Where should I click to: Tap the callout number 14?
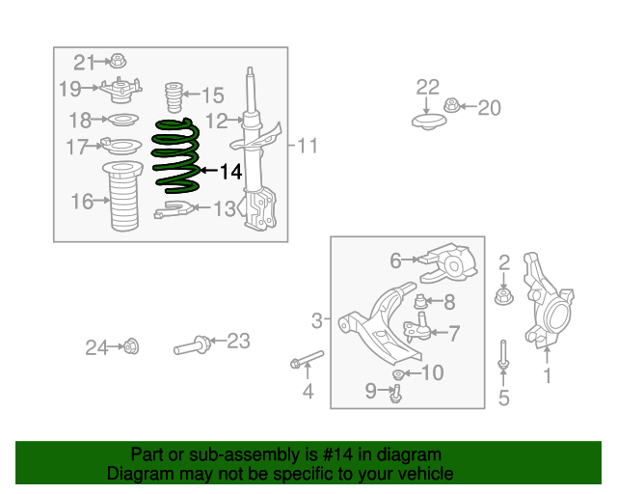230,172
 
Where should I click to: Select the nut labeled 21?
118,60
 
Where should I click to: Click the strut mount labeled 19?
120,90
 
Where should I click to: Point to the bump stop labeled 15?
174,96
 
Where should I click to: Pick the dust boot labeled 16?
122,196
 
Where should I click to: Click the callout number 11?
308,146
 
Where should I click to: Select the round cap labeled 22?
429,122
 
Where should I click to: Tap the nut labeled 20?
452,105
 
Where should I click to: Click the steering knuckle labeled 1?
548,300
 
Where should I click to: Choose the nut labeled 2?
503,296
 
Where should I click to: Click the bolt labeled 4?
308,359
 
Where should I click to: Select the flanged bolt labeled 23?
193,345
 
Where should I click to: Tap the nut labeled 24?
131,346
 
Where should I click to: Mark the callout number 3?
317,320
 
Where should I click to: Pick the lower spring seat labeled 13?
174,209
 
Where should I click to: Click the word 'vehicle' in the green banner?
432,473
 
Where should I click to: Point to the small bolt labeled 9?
396,394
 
